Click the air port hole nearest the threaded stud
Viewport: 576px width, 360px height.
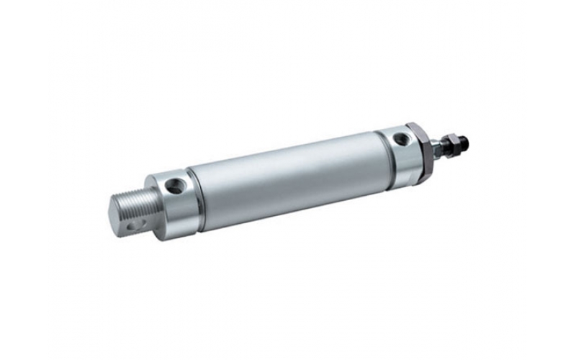pos(174,187)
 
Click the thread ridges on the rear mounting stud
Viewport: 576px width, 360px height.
pos(134,204)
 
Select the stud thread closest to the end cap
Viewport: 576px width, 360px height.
pos(148,209)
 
